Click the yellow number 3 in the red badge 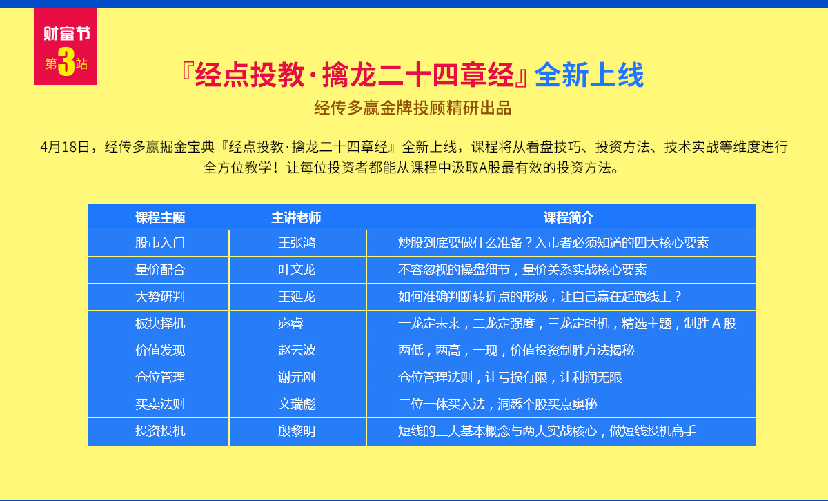pos(66,61)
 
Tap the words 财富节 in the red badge pos(67,33)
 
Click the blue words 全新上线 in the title pos(589,75)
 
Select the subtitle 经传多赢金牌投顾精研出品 pos(413,108)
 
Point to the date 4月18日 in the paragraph pos(65,147)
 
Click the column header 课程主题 pos(160,217)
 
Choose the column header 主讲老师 pos(296,217)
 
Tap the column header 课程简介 pos(569,217)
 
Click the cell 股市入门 pos(160,243)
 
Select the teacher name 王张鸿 pos(297,243)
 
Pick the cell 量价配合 pos(160,270)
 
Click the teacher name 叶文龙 pos(297,270)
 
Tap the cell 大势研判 pos(160,297)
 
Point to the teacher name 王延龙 pos(297,297)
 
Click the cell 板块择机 pos(160,324)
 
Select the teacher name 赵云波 pos(297,350)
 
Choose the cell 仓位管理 pos(160,377)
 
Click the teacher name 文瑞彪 pos(297,404)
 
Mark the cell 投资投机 pos(160,431)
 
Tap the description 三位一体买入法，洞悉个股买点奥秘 pos(497,404)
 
